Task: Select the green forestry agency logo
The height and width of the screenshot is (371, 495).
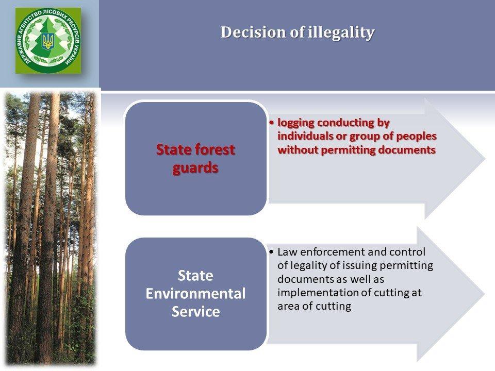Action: coord(48,40)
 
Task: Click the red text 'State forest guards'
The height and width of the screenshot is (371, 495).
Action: coord(195,158)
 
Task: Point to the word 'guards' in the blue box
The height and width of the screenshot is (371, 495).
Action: coord(195,168)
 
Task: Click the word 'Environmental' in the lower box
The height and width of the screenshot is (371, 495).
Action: coord(195,293)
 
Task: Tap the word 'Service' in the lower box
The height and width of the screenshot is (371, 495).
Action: coord(195,311)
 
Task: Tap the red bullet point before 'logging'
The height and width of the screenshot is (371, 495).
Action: coord(272,123)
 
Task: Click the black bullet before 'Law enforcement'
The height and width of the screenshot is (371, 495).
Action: coord(272,252)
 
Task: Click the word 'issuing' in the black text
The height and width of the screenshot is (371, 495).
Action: coord(359,266)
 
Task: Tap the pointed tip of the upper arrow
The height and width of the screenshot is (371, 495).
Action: coord(485,159)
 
